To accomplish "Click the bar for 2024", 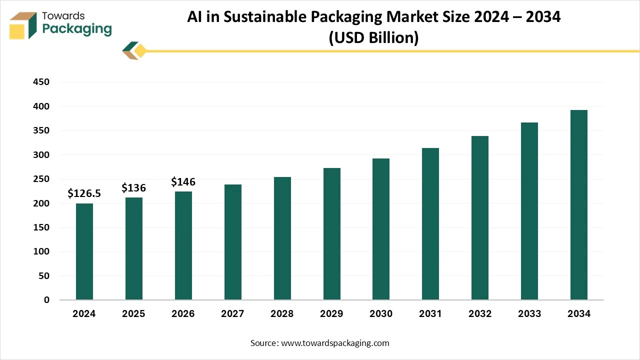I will [x=84, y=251].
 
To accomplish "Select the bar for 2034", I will [x=578, y=205].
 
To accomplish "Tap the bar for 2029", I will [x=331, y=234].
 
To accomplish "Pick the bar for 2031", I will [x=430, y=224].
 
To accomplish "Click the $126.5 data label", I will [x=84, y=193].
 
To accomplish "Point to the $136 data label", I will [x=133, y=188].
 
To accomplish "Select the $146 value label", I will [x=183, y=182].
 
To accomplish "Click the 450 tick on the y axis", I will [x=41, y=82].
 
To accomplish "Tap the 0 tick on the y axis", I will [x=46, y=300].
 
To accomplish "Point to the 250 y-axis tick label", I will [x=41, y=179].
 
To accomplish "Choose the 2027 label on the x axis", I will [x=232, y=314].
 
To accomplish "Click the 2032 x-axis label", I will [x=479, y=314].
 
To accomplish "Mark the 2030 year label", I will [x=381, y=314].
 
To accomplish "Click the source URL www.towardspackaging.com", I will [x=335, y=343].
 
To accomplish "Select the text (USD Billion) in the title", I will [x=373, y=37].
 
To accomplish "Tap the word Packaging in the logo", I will [x=77, y=29].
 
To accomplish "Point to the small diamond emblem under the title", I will [x=134, y=50].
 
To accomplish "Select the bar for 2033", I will [x=529, y=211].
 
